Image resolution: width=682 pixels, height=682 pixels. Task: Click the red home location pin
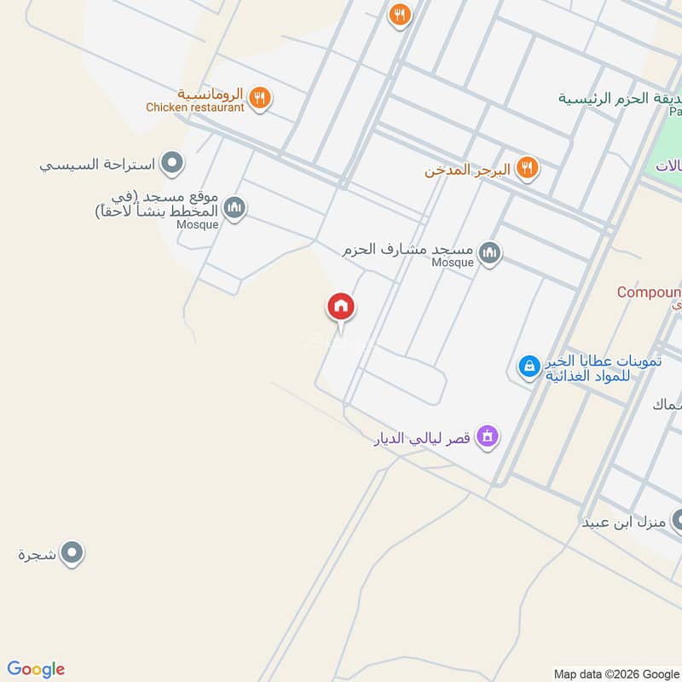tap(341, 307)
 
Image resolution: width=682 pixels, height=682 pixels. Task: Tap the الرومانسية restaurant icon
tap(261, 98)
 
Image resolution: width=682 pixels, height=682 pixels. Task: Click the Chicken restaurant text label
tap(194, 107)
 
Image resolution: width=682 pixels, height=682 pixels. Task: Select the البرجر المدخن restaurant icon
tap(529, 168)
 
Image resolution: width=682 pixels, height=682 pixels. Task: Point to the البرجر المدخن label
tap(467, 170)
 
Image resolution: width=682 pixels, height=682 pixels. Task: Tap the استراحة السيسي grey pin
tap(173, 162)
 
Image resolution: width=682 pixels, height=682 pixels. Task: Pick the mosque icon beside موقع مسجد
tap(235, 206)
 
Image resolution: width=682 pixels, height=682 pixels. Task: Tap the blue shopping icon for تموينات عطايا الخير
tap(529, 367)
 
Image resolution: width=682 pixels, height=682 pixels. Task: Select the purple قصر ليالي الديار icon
tap(488, 436)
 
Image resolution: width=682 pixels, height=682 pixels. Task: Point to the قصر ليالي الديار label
tap(424, 440)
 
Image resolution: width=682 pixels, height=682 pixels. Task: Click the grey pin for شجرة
tap(72, 553)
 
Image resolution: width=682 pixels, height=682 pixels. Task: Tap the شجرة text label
tap(37, 554)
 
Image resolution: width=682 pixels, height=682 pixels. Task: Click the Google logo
tap(36, 669)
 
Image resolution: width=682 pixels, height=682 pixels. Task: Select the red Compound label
tap(649, 292)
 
